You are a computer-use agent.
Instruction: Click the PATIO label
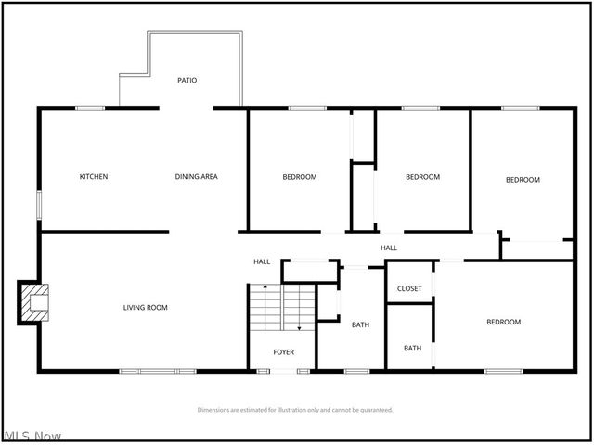(187, 80)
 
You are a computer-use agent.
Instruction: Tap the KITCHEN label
(94, 176)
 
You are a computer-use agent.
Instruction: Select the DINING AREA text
(197, 176)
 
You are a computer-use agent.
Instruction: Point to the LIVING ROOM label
(146, 307)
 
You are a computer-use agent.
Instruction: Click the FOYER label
(283, 352)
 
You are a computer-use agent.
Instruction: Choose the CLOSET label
(409, 288)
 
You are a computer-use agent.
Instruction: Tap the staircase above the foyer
(282, 309)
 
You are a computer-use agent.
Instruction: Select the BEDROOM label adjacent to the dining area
(300, 176)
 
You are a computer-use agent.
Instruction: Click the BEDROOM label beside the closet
(504, 322)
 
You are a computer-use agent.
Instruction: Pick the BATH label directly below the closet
(412, 348)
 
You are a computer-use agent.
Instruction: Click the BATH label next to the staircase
(360, 324)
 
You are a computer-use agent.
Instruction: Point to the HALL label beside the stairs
(262, 261)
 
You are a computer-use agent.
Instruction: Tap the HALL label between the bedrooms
(389, 248)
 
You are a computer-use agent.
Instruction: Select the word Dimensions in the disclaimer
(215, 409)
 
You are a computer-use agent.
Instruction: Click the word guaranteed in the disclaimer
(374, 409)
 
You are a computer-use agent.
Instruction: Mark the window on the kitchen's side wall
(38, 205)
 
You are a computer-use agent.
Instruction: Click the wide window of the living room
(157, 371)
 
